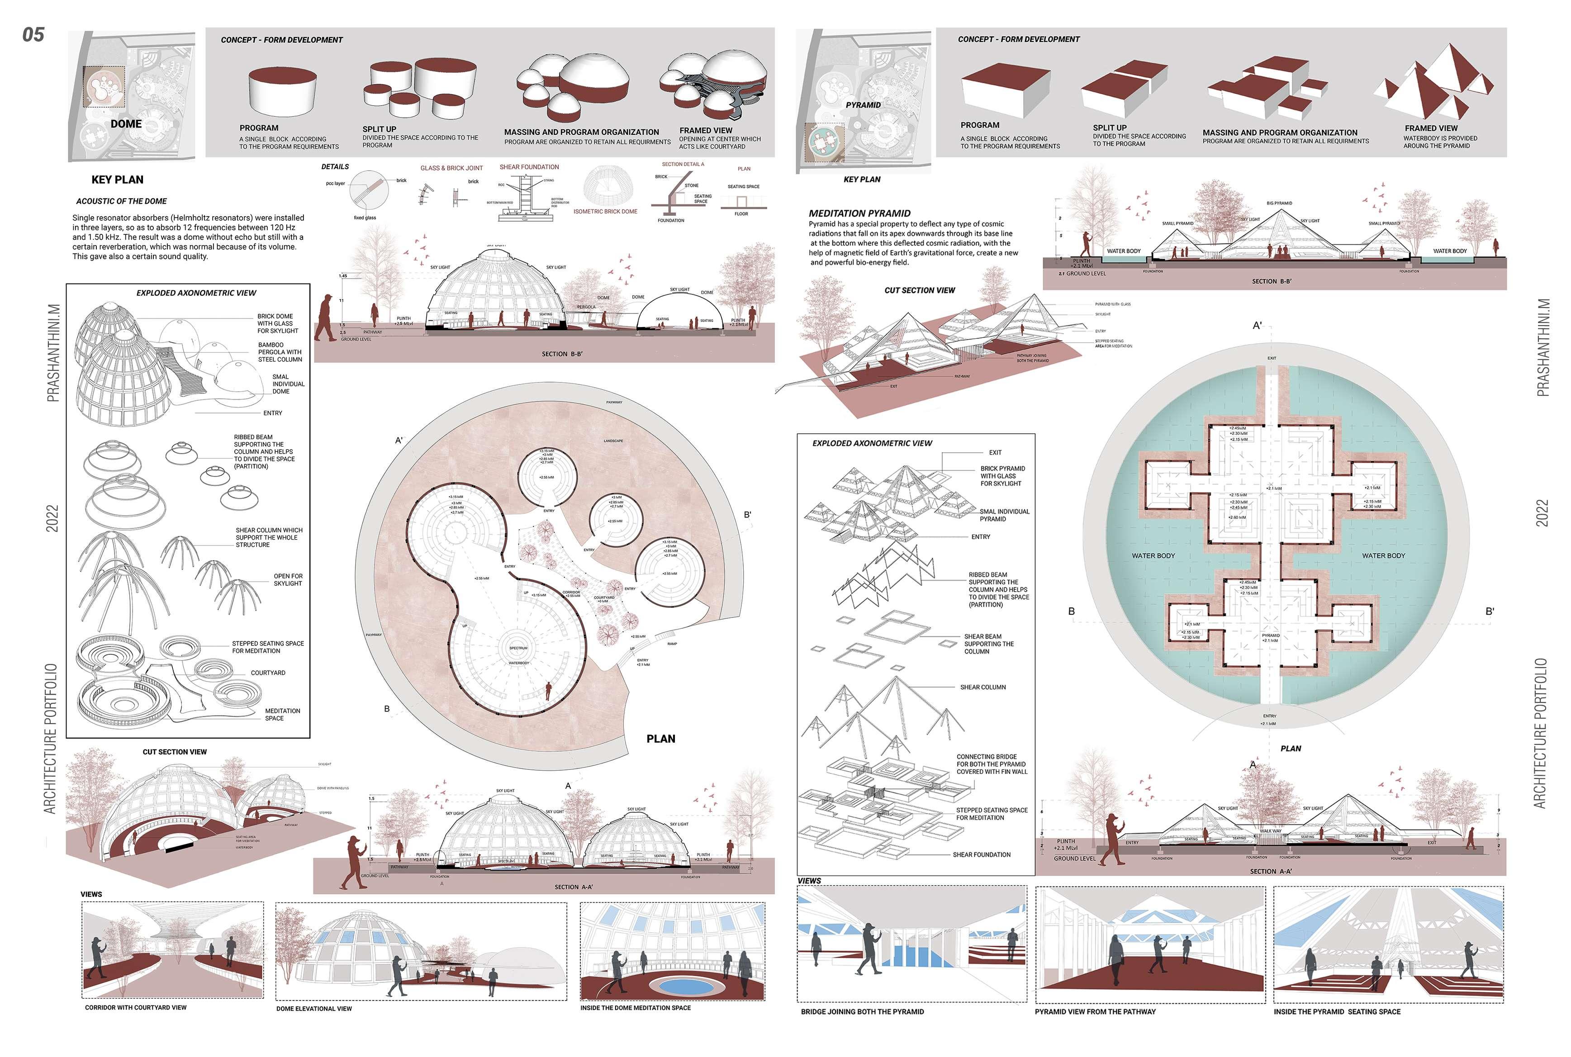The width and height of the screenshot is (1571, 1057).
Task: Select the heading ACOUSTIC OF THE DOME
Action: pos(121,201)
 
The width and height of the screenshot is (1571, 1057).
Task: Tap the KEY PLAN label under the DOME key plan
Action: pos(117,179)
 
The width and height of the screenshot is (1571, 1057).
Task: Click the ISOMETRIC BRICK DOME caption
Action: pos(605,212)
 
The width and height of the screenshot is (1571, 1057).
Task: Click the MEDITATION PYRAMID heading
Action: pos(859,213)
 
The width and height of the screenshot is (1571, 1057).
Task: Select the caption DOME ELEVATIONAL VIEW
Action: pos(313,1009)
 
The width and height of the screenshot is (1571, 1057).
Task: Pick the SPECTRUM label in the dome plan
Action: pos(518,648)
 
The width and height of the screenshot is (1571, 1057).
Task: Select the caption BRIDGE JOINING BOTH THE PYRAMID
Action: pos(862,1012)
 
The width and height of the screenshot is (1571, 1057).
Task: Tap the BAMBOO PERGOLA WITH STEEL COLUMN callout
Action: pos(279,352)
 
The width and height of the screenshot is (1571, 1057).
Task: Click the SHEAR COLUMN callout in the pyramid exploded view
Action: pos(982,687)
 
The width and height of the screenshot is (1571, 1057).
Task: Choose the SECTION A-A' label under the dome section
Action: pos(573,887)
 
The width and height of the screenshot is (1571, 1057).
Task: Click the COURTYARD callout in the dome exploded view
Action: pos(268,673)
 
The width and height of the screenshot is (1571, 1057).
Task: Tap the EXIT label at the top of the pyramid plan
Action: pos(1271,358)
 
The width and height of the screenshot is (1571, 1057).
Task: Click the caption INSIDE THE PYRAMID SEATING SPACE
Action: pos(1336,1012)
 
